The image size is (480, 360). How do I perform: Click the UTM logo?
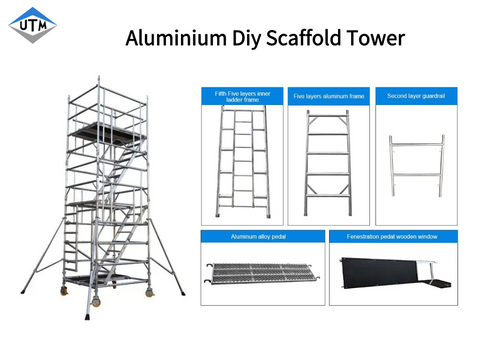point(33,27)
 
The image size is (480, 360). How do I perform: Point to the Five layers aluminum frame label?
point(328,96)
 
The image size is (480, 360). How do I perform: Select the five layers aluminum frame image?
point(328,160)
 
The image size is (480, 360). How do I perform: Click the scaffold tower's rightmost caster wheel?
point(151,292)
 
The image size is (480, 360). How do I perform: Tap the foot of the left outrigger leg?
point(22,294)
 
